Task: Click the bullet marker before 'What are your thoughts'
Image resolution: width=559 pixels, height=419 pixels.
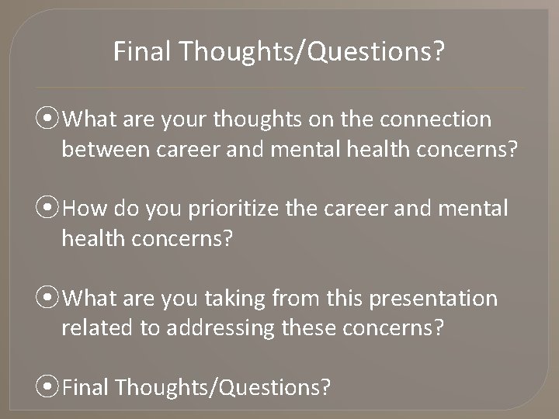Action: (51, 119)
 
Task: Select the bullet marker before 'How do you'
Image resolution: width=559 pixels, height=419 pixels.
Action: (51, 209)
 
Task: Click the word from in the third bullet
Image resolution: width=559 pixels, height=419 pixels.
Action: (313, 299)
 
